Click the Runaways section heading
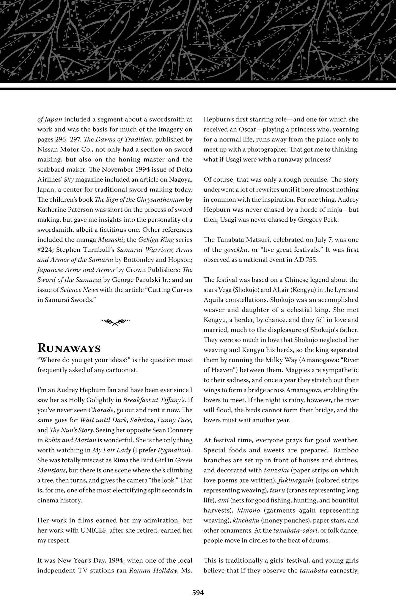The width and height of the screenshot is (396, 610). [69, 348]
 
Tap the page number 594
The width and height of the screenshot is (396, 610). [198, 592]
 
